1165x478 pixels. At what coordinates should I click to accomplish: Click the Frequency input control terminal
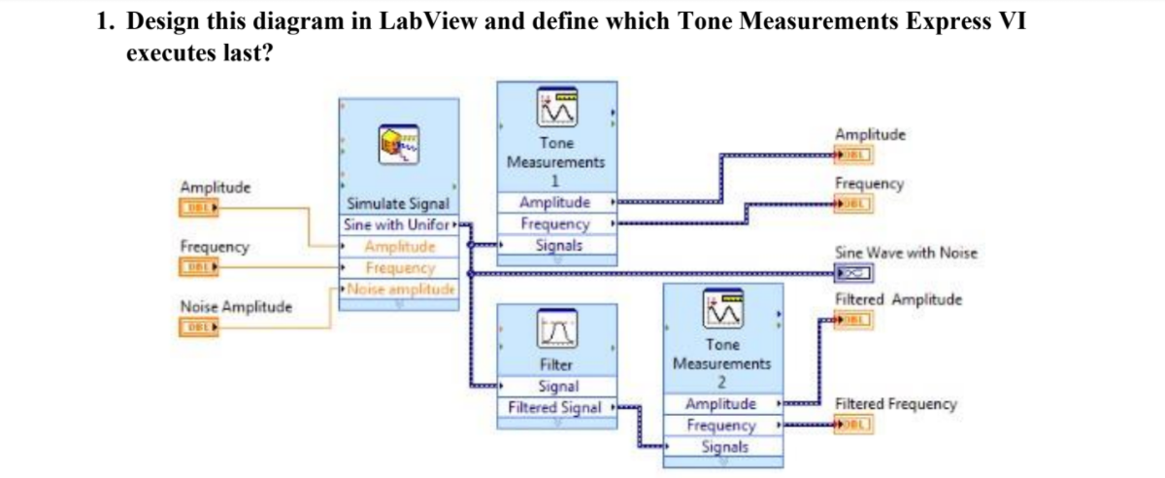coord(194,265)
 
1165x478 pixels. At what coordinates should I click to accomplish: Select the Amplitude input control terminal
coord(194,206)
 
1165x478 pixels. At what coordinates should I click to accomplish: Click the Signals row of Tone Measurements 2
coord(721,447)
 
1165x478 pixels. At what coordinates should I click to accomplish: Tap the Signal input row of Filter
coord(556,387)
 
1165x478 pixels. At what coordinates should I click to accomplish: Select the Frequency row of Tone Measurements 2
coord(721,426)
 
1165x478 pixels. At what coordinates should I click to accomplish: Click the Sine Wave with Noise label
coord(905,253)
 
